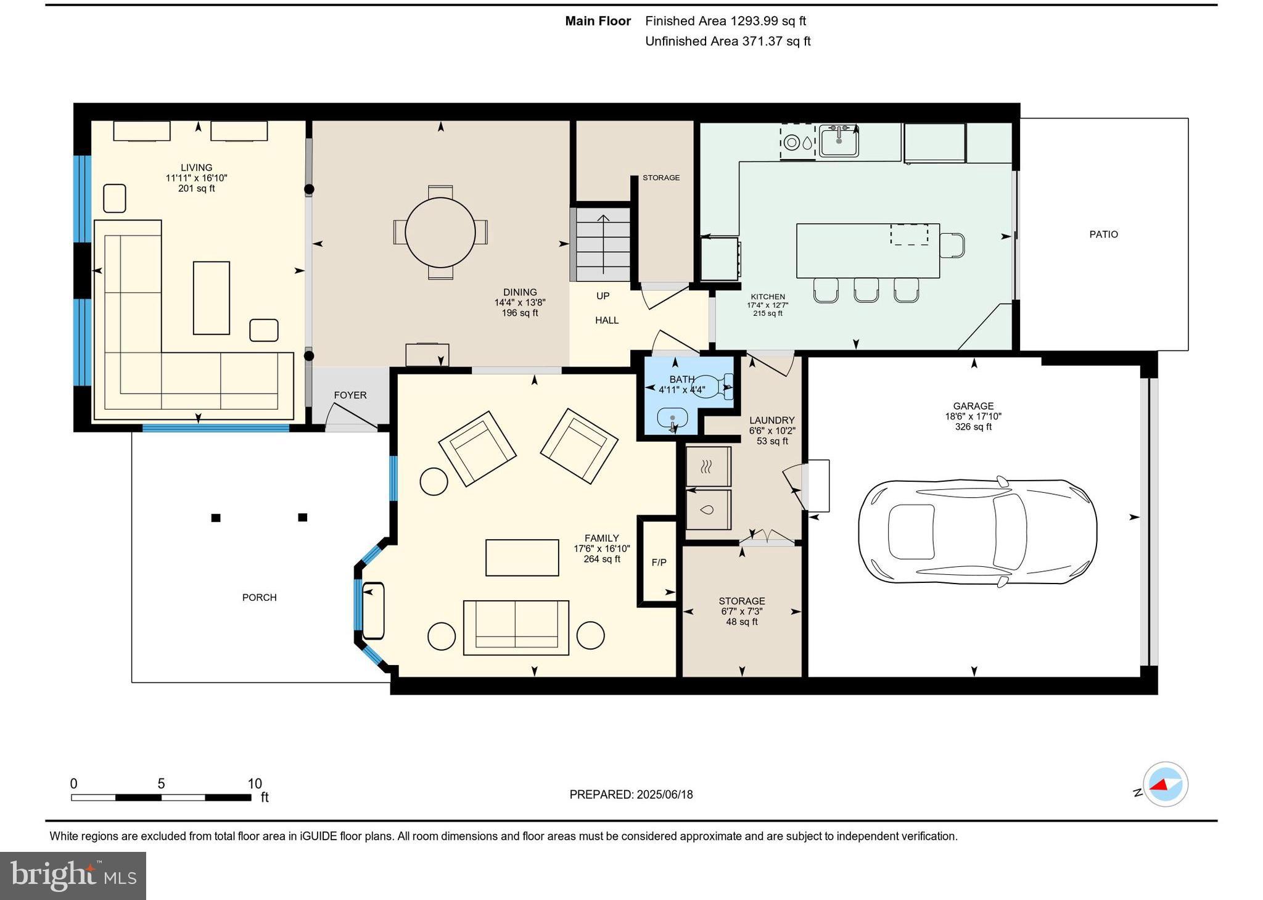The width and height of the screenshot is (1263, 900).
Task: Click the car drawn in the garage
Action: [x=977, y=531]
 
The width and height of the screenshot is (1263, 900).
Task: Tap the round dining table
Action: [x=440, y=233]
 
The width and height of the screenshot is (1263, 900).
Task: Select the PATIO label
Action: [x=1103, y=234]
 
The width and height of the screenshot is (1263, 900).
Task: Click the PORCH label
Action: [x=259, y=597]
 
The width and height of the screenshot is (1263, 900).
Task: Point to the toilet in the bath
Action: [x=715, y=387]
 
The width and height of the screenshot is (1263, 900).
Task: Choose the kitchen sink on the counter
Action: [x=838, y=141]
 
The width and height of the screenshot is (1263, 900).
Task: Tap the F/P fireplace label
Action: [x=659, y=563]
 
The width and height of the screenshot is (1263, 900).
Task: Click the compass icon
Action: [x=1165, y=785]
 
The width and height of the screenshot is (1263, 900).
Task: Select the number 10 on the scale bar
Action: [x=255, y=783]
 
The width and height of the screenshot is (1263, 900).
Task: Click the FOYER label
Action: [x=350, y=395]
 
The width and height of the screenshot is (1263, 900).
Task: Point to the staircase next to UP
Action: [x=603, y=244]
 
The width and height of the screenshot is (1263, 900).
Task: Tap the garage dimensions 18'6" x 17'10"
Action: [x=973, y=416]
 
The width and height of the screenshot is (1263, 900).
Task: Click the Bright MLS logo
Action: [x=73, y=876]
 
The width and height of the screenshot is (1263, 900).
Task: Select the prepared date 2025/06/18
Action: [x=664, y=795]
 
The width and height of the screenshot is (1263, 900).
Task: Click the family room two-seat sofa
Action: [x=516, y=627]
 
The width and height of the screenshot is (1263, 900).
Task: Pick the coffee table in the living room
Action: [x=212, y=298]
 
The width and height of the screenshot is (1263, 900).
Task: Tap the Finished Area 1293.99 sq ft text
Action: [x=725, y=21]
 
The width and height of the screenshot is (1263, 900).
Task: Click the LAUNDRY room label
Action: [x=771, y=420]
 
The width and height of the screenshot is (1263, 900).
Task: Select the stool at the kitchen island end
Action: [x=952, y=245]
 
